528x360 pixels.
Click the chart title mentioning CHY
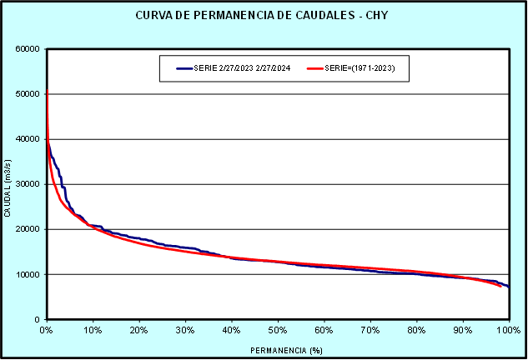(x=264, y=16)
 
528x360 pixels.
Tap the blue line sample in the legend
(x=185, y=68)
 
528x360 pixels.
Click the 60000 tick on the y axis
(x=29, y=49)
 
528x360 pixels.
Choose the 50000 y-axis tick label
(x=29, y=94)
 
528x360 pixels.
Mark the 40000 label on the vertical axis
(x=29, y=139)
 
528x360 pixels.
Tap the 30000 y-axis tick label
(x=29, y=184)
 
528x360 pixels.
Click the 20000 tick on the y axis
(x=29, y=229)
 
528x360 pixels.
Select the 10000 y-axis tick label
(x=29, y=274)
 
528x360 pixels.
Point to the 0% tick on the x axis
(x=47, y=330)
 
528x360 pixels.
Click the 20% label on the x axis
(x=139, y=330)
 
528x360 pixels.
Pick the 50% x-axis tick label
(x=278, y=330)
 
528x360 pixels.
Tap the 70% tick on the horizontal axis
(x=370, y=330)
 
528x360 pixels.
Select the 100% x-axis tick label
(x=508, y=330)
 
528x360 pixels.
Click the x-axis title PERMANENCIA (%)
(x=277, y=350)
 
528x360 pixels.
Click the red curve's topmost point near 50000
(x=47, y=90)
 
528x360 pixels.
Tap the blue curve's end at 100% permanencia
(x=508, y=287)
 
